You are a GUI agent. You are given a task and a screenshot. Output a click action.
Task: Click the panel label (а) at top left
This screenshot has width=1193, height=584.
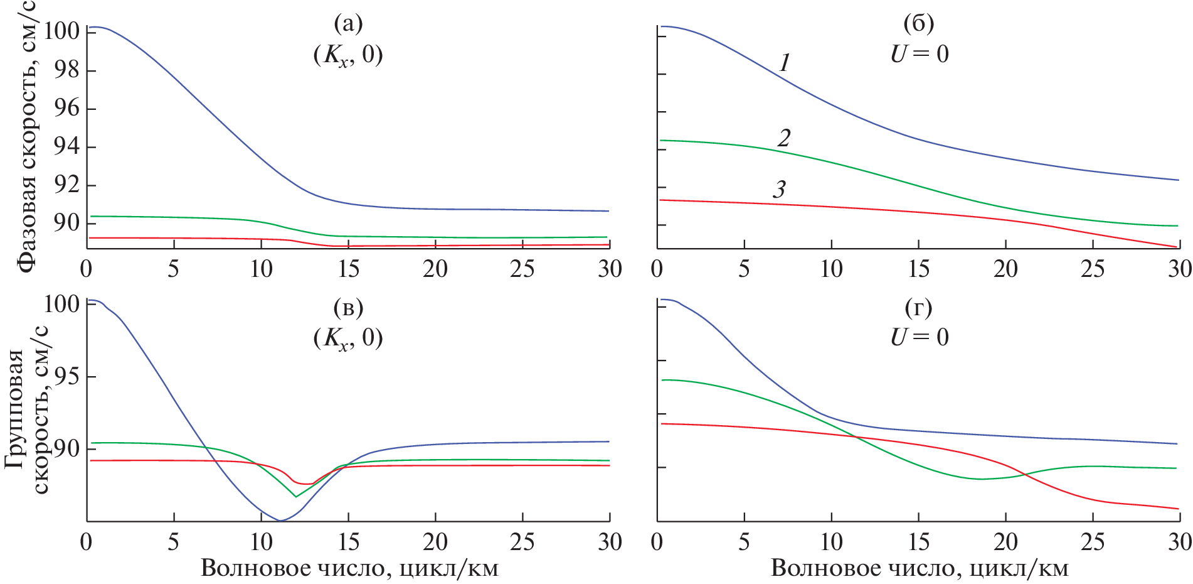(x=348, y=24)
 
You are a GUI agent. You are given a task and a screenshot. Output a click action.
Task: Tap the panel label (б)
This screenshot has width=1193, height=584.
(x=919, y=24)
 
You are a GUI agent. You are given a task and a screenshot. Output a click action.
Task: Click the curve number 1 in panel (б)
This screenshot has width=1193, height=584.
(x=784, y=63)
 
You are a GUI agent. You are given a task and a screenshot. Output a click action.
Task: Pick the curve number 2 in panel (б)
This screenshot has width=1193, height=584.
(x=784, y=138)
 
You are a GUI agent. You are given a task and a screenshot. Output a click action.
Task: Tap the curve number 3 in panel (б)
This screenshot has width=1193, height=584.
(x=780, y=189)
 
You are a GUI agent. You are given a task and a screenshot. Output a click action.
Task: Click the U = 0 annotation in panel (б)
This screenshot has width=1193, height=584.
(x=920, y=54)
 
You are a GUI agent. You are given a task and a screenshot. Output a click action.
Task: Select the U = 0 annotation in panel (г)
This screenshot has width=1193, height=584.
(x=920, y=337)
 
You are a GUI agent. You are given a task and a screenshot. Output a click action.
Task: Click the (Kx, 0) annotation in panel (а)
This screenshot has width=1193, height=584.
(x=348, y=55)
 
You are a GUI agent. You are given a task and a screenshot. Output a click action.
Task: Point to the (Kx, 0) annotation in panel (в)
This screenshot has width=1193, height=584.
(x=348, y=338)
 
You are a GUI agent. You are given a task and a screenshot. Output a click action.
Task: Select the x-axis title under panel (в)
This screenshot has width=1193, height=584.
(x=349, y=568)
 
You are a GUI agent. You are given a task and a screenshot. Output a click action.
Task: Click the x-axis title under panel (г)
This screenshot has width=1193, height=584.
(x=920, y=568)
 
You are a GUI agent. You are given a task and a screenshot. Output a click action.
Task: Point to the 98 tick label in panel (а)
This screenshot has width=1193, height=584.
(x=66, y=70)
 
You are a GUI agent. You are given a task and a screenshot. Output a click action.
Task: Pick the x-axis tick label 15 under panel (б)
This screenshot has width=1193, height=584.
(x=919, y=269)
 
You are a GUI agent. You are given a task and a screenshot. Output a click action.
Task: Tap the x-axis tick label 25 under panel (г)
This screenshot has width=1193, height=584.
(x=1093, y=542)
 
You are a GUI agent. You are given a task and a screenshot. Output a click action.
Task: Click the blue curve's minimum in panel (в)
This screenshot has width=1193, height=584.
(x=280, y=520)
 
